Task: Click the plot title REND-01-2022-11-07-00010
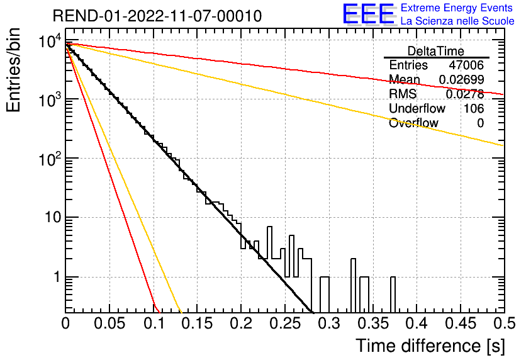coord(157,16)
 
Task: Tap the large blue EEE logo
coord(367,14)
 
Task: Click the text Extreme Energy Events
coord(456,8)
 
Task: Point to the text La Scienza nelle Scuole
coord(457,21)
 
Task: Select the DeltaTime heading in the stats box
coord(436,51)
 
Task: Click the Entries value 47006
coord(466,65)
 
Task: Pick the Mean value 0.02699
coord(461,79)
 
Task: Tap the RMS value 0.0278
coord(465,94)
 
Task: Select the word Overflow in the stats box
coord(413,123)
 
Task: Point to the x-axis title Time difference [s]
coord(430,346)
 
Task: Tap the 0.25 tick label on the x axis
coord(284,323)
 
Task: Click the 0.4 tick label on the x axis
coord(416,323)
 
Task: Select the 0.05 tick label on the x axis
coord(109,323)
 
